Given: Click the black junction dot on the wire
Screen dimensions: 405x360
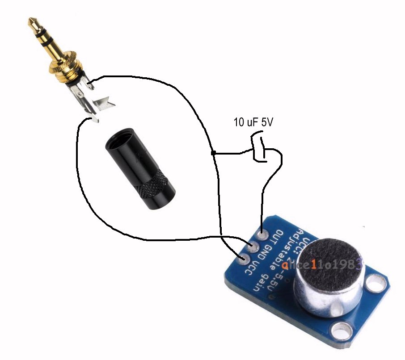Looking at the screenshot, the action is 213,154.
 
